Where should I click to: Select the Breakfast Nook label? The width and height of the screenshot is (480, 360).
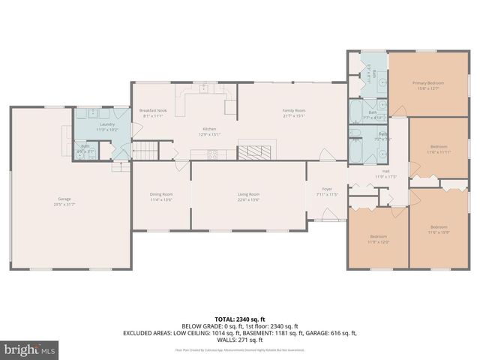tap(153, 110)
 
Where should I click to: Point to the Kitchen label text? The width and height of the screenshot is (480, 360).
tap(209, 129)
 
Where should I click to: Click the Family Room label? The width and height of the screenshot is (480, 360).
tap(293, 110)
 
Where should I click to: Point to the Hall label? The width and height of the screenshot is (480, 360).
tap(386, 171)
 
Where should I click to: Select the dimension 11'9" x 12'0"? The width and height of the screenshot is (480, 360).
tap(378, 241)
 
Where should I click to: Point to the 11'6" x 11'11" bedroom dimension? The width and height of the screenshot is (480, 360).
tap(439, 151)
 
